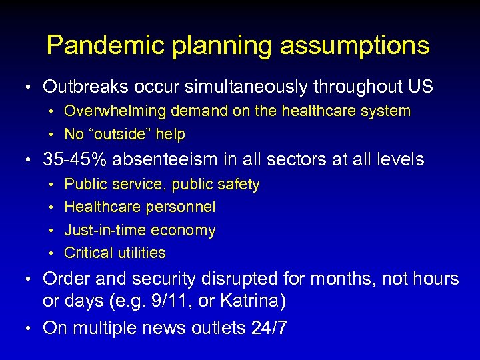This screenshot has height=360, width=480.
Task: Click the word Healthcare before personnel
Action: [103, 207]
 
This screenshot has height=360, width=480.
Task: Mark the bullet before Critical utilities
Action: [53, 253]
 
